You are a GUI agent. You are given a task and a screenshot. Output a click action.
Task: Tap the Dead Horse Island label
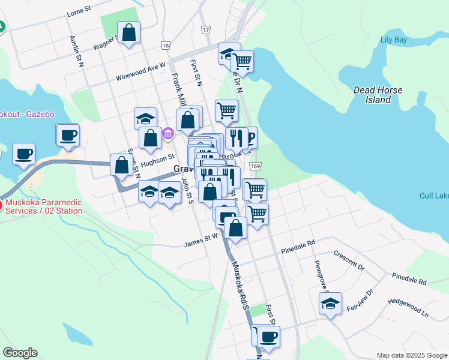378,95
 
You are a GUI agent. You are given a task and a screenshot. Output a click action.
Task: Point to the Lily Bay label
394,41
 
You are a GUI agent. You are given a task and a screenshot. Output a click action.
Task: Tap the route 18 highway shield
166,45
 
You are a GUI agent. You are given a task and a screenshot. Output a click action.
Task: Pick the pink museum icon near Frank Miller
169,133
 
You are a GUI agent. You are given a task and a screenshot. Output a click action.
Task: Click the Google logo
20,353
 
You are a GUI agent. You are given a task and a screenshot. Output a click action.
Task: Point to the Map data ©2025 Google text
411,355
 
